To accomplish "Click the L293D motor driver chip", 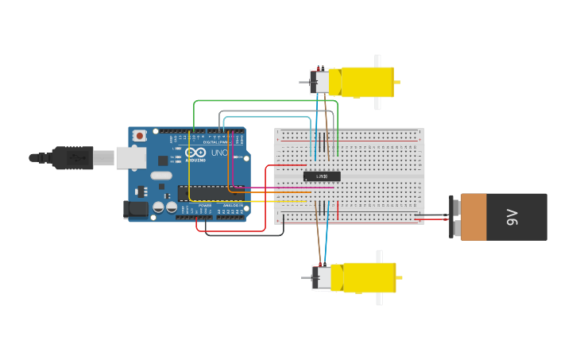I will tap(322, 176).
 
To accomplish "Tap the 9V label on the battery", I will tap(513, 217).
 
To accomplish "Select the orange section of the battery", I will tap(473, 217).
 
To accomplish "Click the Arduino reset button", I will tap(140, 136).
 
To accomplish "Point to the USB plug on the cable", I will tap(73, 157).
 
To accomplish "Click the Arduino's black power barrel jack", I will tap(136, 209).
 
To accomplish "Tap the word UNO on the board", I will tap(219, 153).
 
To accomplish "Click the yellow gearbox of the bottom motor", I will tap(367, 277).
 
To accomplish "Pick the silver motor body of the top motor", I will tap(320, 82).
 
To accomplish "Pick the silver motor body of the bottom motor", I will tap(322, 277).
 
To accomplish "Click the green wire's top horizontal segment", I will tap(262, 101).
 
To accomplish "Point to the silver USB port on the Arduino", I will tap(130, 157).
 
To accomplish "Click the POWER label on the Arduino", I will tap(205, 206).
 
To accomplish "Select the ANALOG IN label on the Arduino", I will tap(232, 206).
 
